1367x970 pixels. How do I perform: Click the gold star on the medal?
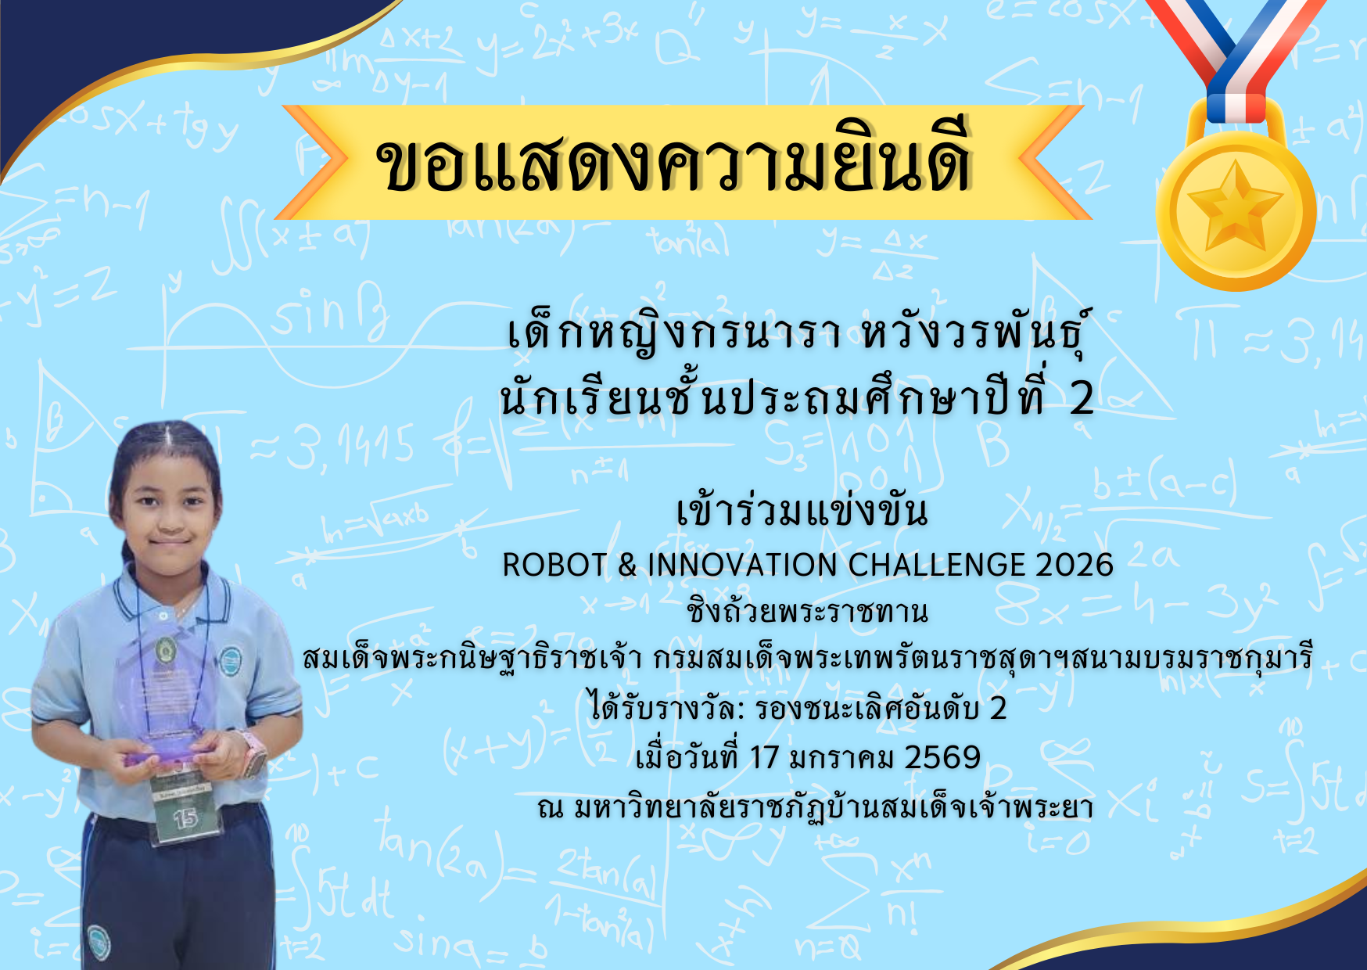click(x=1234, y=206)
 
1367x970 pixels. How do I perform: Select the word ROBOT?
click(x=554, y=565)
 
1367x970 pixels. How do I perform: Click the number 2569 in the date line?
click(x=942, y=757)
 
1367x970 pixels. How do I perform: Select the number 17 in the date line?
click(x=764, y=757)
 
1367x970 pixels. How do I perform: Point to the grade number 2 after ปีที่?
click(x=1082, y=398)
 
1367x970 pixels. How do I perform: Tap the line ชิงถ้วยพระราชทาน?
click(x=807, y=611)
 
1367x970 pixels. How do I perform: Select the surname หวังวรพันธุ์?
click(x=975, y=334)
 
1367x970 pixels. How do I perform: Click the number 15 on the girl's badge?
click(x=185, y=818)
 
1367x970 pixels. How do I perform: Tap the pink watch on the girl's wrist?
click(x=253, y=753)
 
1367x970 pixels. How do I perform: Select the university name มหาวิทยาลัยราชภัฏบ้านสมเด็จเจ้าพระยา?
click(x=833, y=807)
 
